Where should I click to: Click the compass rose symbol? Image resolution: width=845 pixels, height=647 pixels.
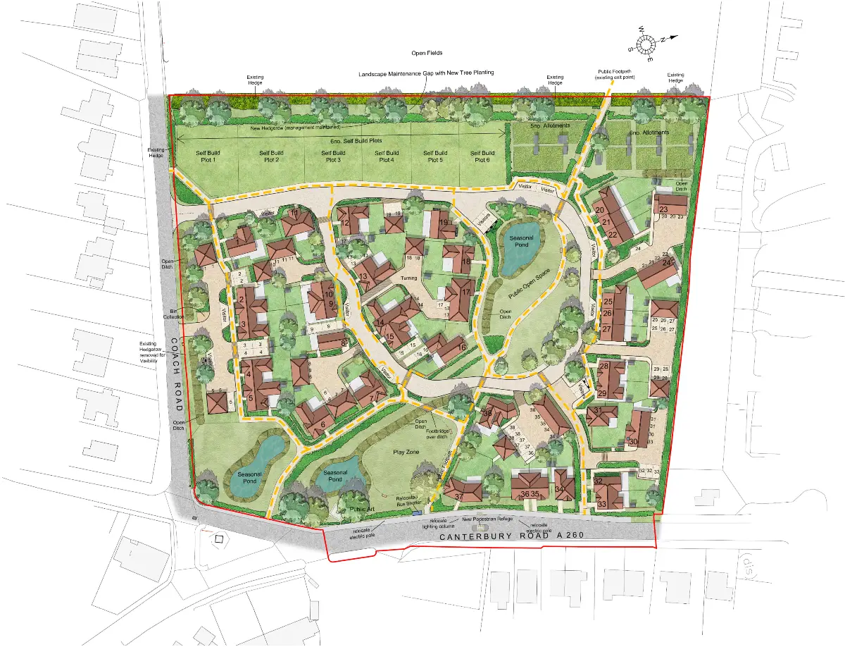click(646, 45)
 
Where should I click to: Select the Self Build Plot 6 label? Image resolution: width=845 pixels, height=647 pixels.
click(482, 156)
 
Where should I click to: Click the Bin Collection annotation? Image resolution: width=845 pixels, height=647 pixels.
click(171, 313)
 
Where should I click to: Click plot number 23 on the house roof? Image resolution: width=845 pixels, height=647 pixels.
click(664, 209)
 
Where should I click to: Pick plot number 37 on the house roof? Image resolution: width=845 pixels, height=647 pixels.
click(458, 498)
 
